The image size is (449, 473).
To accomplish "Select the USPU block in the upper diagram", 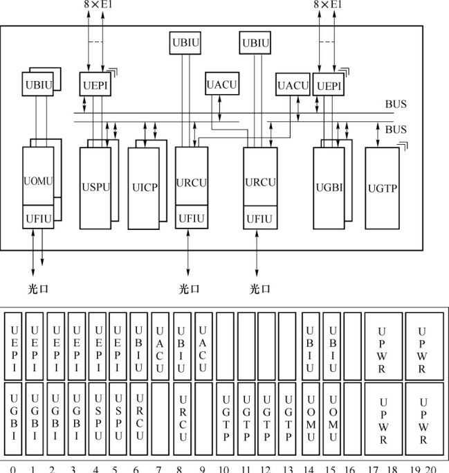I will pyautogui.click(x=95, y=188).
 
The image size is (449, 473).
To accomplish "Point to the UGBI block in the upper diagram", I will pyautogui.click(x=328, y=188).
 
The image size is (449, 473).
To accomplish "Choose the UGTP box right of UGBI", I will pyautogui.click(x=382, y=188).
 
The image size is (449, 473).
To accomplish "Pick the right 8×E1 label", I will pyautogui.click(x=327, y=6).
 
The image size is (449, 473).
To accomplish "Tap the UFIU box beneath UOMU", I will pyautogui.click(x=38, y=217).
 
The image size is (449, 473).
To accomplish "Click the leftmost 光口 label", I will pyautogui.click(x=38, y=289).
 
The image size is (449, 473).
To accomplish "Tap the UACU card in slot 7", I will pyautogui.click(x=160, y=346).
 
